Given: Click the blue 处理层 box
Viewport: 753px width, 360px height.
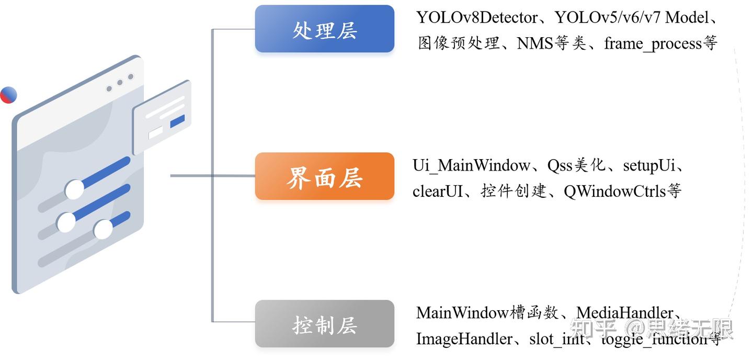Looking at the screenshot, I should pyautogui.click(x=324, y=29).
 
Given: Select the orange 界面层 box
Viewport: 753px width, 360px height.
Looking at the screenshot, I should pyautogui.click(x=324, y=177).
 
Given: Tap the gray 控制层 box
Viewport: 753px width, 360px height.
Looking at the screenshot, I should pyautogui.click(x=324, y=324).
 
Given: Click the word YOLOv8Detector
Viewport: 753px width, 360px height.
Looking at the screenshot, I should pyautogui.click(x=477, y=18).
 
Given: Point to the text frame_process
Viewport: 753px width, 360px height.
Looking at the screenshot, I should pyautogui.click(x=653, y=43).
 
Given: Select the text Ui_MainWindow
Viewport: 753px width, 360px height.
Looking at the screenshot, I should pyautogui.click(x=471, y=166).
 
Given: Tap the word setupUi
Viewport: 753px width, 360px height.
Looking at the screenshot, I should pyautogui.click(x=649, y=166).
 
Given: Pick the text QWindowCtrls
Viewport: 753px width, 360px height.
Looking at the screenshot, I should pyautogui.click(x=615, y=192).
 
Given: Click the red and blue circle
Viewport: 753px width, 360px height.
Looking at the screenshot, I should pyautogui.click(x=8, y=95).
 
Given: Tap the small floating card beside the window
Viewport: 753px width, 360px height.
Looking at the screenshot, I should pyautogui.click(x=162, y=118).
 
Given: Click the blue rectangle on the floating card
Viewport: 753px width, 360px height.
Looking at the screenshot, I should pyautogui.click(x=177, y=121).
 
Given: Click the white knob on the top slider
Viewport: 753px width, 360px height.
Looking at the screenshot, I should pyautogui.click(x=75, y=189).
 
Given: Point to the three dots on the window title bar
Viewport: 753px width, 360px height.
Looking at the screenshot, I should pyautogui.click(x=120, y=83).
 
